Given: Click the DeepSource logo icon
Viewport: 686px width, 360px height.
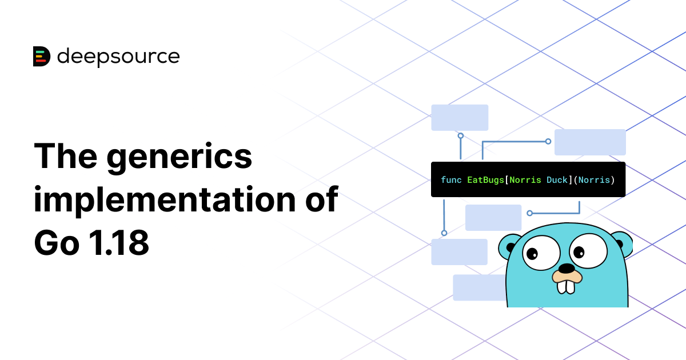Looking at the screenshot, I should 42,56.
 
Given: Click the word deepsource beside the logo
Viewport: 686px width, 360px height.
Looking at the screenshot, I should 118,56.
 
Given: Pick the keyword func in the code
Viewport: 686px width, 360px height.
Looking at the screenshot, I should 451,180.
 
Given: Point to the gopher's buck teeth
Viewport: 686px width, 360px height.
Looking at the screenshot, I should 566,285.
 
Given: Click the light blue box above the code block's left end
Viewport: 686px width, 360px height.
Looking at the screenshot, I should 460,117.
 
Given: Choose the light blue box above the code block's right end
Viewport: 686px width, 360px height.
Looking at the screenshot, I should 590,142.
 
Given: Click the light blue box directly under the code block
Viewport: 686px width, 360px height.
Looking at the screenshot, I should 493,218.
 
